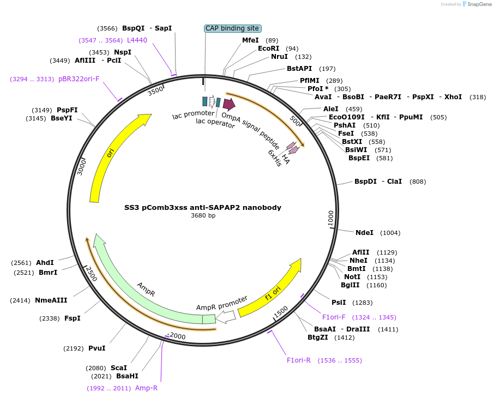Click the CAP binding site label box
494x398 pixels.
(233, 28)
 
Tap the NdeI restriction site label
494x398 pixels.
(364, 233)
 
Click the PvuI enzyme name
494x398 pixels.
(97, 348)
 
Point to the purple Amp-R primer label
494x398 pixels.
(146, 388)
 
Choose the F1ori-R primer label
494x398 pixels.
(299, 360)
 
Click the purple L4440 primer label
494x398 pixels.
(137, 40)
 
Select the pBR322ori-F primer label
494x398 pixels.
(79, 79)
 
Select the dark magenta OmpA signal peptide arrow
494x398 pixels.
(229, 104)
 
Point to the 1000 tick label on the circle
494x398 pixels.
(330, 218)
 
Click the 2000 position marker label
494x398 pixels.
(178, 336)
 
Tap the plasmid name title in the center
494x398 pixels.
(203, 208)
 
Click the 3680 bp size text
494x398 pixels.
(203, 216)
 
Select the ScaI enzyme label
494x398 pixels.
(119, 368)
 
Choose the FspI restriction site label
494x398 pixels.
(73, 318)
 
